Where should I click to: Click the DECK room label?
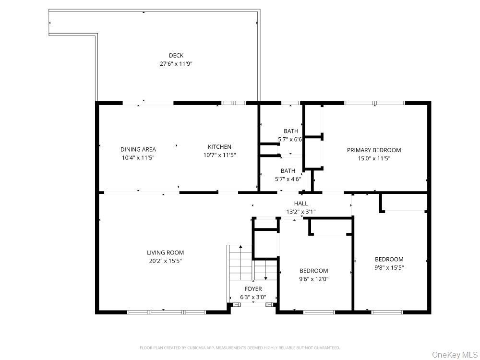(x=176, y=55)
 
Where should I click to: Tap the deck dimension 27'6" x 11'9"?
(x=176, y=64)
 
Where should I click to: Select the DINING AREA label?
(x=138, y=149)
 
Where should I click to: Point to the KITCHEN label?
(x=219, y=146)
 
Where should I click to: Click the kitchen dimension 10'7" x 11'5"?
(x=219, y=155)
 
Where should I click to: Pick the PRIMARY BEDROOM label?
(x=374, y=150)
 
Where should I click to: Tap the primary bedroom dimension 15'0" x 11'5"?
(x=374, y=158)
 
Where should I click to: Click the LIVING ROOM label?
(x=165, y=252)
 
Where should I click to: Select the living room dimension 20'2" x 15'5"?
(x=165, y=261)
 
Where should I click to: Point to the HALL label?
(x=301, y=203)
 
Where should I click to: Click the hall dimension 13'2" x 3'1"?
(x=301, y=212)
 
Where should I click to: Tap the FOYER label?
(x=253, y=288)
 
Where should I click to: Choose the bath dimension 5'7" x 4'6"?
(x=288, y=179)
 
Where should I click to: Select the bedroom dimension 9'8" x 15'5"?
(x=389, y=268)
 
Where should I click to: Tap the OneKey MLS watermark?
(x=455, y=355)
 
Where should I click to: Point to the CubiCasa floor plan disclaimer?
(x=240, y=348)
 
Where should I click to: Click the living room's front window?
(x=167, y=312)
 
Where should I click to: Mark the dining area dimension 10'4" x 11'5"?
(x=138, y=158)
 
